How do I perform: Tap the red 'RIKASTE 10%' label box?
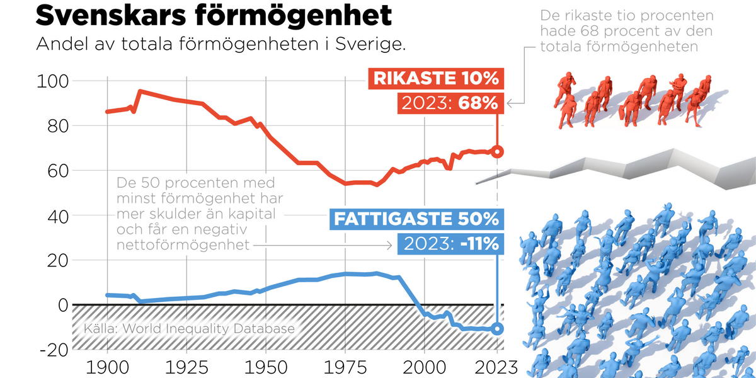(436, 79)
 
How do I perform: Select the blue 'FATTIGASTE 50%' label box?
(415, 219)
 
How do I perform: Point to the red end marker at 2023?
(497, 152)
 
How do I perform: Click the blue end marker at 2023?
(497, 328)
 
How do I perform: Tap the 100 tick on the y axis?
(50, 81)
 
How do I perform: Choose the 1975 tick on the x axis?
(345, 367)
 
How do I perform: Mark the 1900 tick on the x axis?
(107, 367)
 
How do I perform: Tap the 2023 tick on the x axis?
(496, 367)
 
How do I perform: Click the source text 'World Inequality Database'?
(208, 328)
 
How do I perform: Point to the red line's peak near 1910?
(139, 91)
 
